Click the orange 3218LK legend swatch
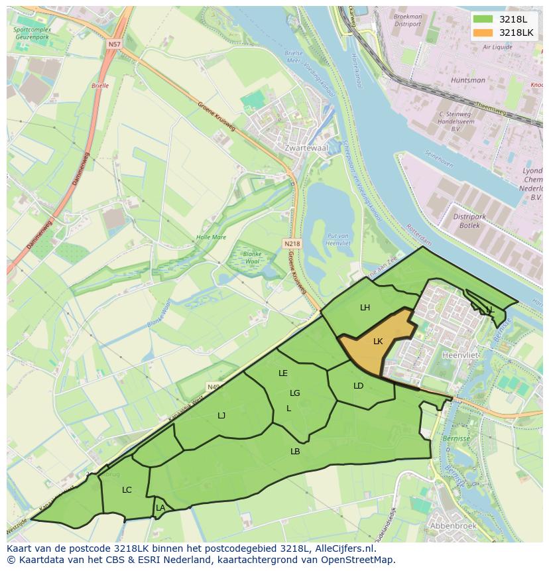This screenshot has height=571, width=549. pos(483,32)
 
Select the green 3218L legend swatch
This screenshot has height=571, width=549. pos(483,19)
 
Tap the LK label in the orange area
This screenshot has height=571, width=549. pos(378,342)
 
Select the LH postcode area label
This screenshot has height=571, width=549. pos(365,307)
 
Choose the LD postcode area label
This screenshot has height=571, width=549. pos(359,385)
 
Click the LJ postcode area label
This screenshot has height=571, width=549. pos(221,415)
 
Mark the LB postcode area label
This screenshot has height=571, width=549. pos(295,451)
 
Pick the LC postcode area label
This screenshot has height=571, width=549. pos(127,490)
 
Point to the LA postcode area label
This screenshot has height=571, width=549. pos(160,508)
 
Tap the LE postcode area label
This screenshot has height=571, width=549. pos(283,373)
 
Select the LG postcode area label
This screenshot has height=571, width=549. pos(295,393)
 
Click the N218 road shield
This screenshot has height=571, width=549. pos(292,243)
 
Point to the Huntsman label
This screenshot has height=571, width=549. pos(468,80)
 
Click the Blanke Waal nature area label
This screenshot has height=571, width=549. pos(253,257)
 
